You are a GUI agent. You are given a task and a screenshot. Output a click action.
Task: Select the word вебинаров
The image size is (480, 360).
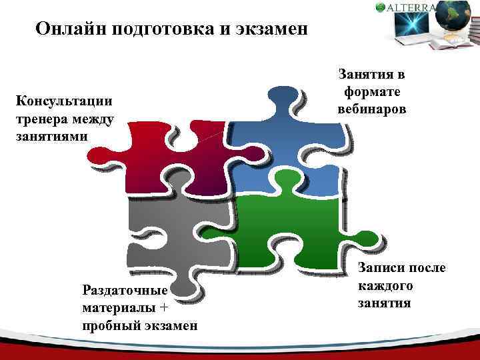click(x=371, y=107)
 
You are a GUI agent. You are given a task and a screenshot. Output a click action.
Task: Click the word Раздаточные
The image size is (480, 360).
click(x=124, y=290)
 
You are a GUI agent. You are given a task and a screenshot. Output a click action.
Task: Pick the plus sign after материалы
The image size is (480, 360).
click(x=165, y=307)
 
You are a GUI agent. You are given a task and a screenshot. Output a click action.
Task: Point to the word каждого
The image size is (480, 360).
click(x=385, y=285)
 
